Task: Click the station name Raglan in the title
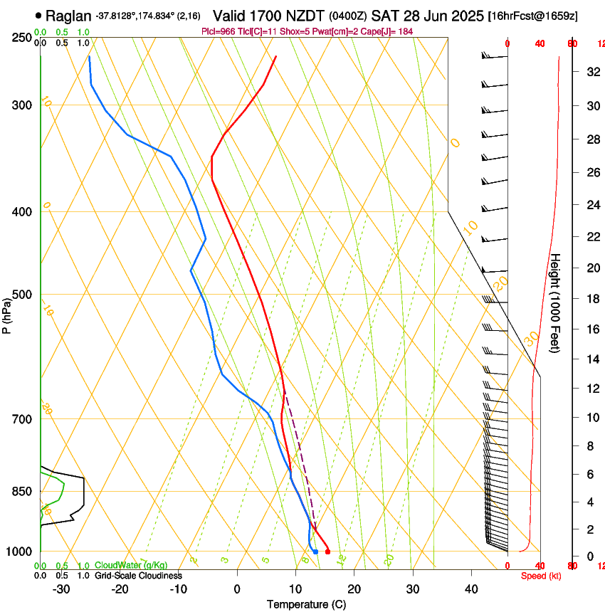[68, 14]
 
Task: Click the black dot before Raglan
[38, 14]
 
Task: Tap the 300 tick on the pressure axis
[22, 105]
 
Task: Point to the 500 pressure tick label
[22, 295]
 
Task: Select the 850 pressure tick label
[22, 492]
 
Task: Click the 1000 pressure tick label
[19, 552]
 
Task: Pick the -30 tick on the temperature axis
[61, 589]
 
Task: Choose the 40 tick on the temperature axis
[470, 589]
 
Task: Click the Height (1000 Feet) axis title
[555, 303]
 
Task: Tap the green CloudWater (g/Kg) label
[131, 566]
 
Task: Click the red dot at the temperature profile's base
[327, 552]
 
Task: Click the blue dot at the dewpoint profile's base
[315, 552]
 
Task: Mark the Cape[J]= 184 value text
[390, 31]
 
